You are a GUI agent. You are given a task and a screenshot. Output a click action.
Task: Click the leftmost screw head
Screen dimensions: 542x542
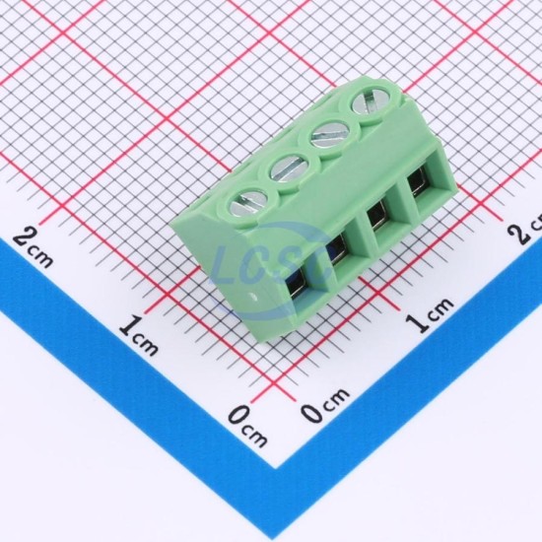point(247,205)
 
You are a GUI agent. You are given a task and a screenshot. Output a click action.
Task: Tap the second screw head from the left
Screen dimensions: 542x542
point(289,169)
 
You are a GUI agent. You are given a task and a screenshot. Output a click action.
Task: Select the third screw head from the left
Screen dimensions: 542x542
point(330,134)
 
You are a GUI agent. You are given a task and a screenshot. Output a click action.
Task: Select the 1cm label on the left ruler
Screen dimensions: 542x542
point(139,335)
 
